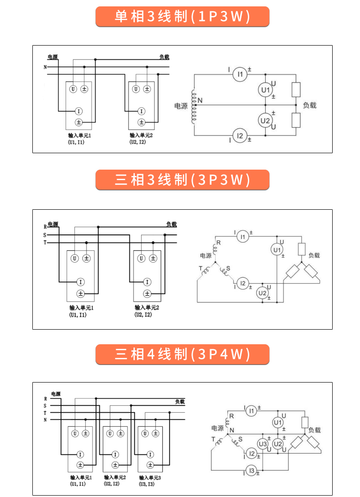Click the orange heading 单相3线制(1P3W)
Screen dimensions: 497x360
(182, 17)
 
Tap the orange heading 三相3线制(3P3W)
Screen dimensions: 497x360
(182, 180)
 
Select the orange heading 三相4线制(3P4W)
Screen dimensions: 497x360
(182, 354)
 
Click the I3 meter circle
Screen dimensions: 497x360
(251, 471)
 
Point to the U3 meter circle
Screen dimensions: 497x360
(263, 444)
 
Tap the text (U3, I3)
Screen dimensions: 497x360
(147, 484)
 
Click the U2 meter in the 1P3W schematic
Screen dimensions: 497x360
(265, 121)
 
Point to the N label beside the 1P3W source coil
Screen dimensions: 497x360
(200, 100)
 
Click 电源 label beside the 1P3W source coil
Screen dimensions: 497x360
(181, 106)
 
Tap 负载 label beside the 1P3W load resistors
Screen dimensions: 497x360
(309, 105)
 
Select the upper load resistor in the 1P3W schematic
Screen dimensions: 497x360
(296, 89)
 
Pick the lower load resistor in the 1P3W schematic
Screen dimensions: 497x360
(296, 120)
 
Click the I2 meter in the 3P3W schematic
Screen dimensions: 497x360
(243, 284)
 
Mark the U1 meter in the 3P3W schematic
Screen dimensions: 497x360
(277, 250)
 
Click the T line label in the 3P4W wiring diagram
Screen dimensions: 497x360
(45, 413)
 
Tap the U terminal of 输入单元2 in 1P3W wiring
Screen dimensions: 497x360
(136, 89)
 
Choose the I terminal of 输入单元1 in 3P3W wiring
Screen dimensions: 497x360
(80, 282)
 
